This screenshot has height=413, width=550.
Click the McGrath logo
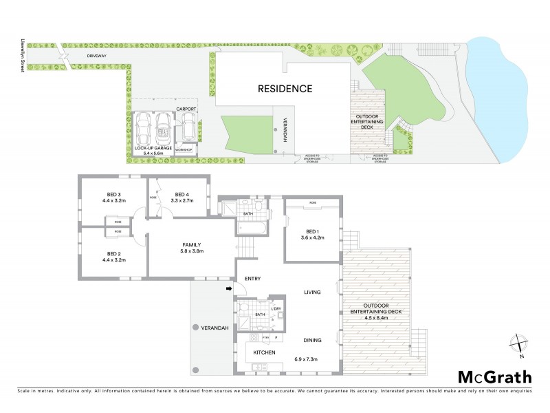point(495,377)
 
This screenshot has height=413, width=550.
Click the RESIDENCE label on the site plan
point(285,89)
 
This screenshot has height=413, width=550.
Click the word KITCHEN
point(265,352)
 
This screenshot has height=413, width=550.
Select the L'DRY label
point(276,308)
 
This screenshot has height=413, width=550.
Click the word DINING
point(313,340)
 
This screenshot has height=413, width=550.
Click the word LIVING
point(313,293)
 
